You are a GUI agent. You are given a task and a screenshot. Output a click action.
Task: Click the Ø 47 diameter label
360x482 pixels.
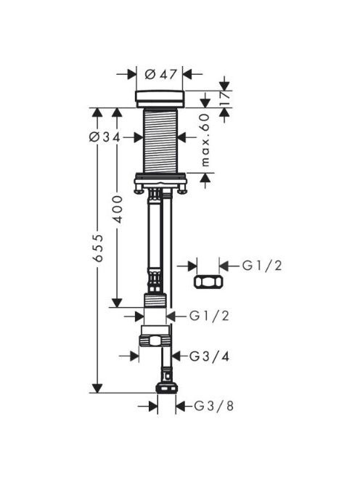pos(161,74)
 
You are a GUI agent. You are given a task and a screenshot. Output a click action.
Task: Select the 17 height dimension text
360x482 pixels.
pos(225,98)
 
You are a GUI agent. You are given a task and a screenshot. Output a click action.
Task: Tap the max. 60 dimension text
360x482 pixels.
pos(205,140)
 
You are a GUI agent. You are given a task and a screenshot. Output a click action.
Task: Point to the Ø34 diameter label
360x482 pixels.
pos(105,137)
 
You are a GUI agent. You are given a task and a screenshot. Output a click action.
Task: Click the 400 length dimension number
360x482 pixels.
pos(117,209)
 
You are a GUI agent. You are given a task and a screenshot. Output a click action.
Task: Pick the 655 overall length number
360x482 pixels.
pos(98,248)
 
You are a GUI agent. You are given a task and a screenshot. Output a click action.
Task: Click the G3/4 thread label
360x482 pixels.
pos(209,356)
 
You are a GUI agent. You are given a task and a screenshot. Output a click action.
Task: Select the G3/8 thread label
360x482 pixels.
pos(214,406)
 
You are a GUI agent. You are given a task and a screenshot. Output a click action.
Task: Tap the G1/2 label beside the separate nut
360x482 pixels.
pos(262,266)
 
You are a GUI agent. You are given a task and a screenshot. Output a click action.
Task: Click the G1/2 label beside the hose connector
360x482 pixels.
pos(209,316)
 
